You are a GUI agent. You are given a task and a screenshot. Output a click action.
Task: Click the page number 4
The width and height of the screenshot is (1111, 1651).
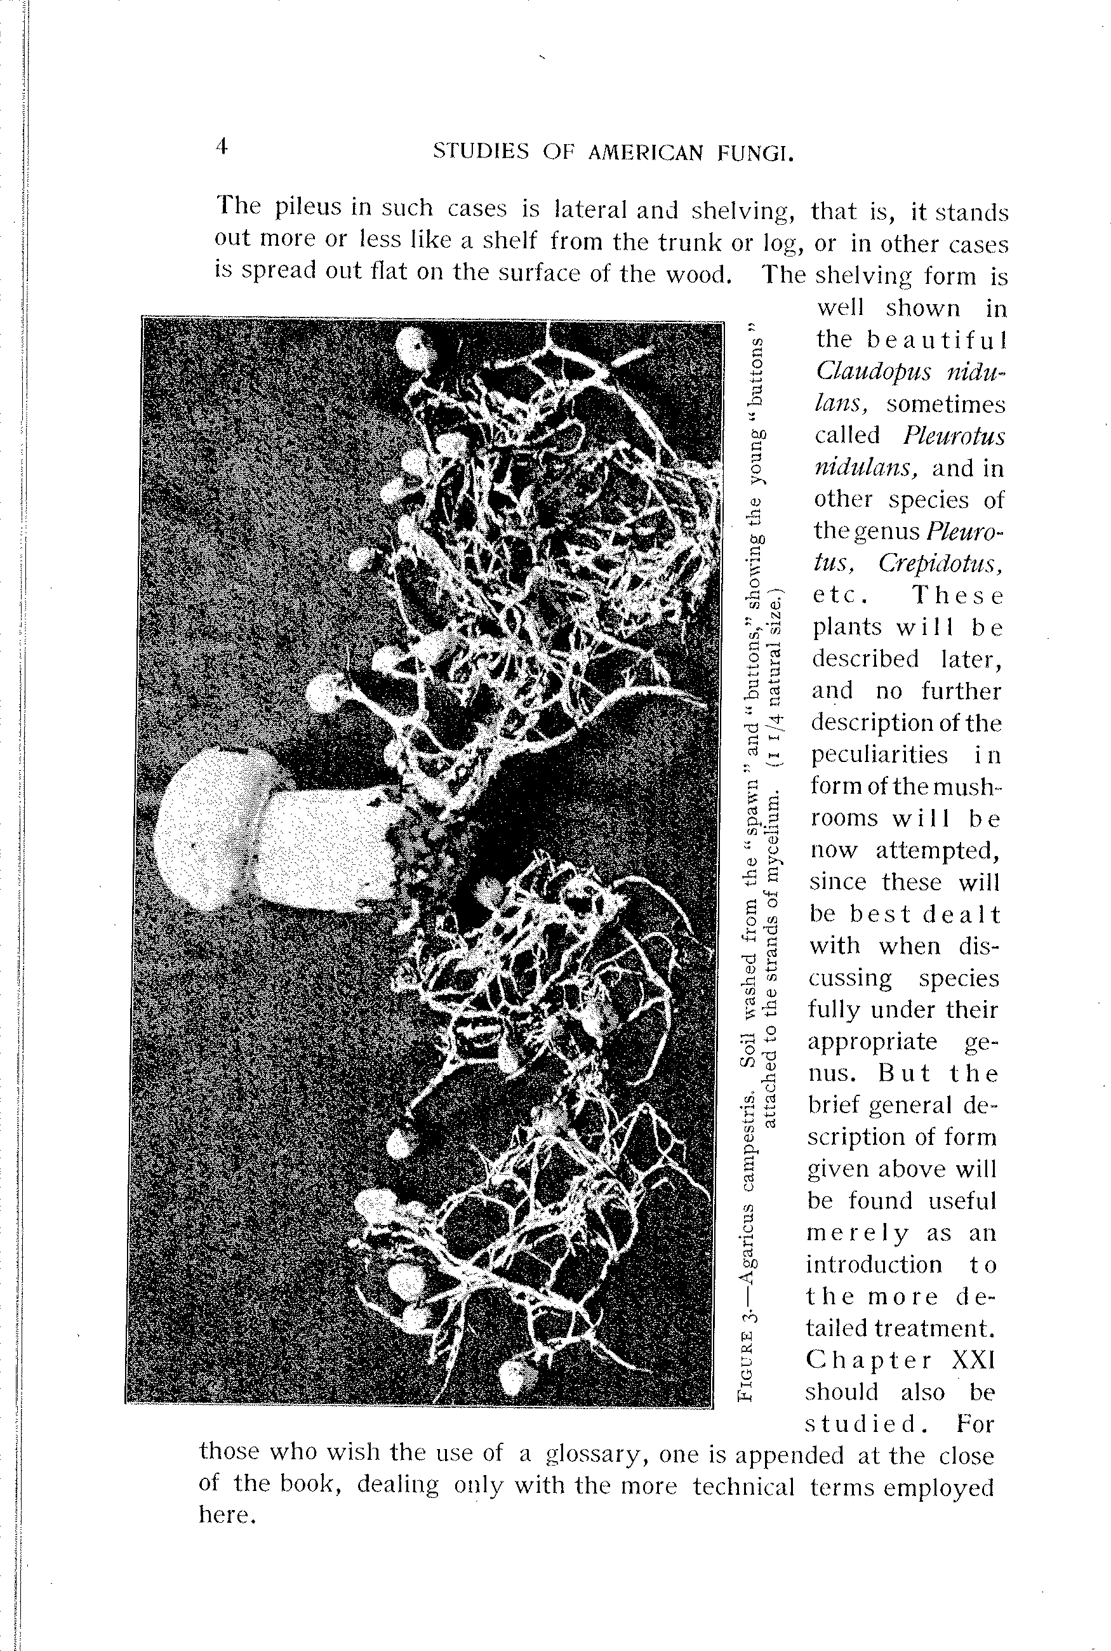[x=222, y=147]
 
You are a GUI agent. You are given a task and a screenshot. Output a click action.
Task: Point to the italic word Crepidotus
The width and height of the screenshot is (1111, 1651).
[x=941, y=563]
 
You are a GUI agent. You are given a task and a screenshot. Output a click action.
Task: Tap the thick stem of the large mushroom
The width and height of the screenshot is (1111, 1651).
[x=326, y=850]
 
